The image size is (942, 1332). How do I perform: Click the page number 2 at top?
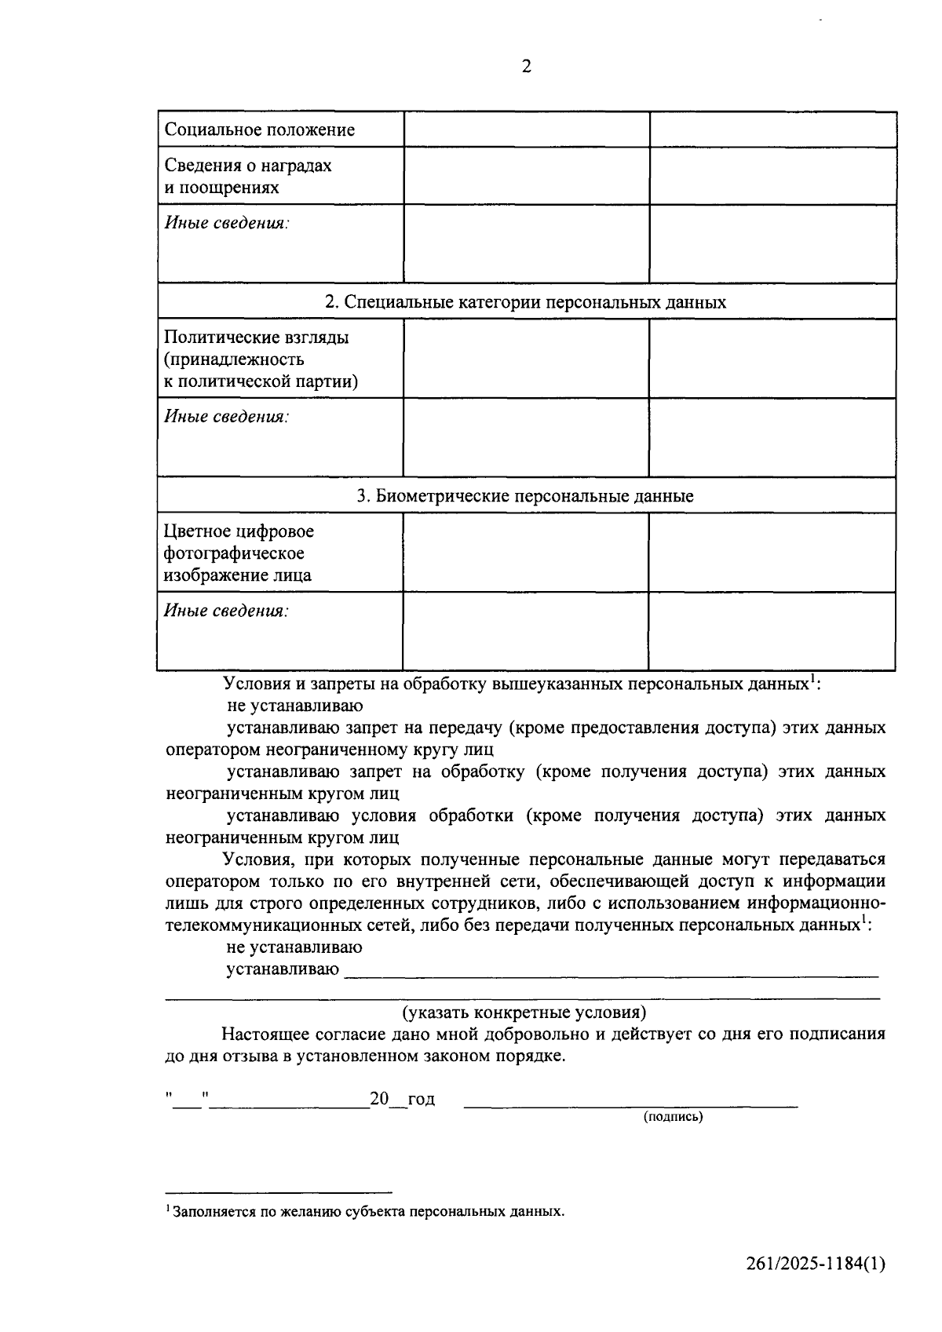[x=526, y=67]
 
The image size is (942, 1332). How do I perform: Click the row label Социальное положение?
[x=259, y=130]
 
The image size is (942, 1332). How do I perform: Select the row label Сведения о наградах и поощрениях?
[x=247, y=177]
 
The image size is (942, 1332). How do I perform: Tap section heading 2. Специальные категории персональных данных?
[x=525, y=302]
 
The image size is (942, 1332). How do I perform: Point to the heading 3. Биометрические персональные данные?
[x=525, y=496]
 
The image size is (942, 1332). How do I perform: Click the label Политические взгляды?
[x=256, y=338]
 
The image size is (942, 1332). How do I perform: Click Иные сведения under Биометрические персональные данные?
[x=226, y=611]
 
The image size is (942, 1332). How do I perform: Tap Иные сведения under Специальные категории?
[x=226, y=417]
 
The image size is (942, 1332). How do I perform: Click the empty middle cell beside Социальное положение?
[x=526, y=130]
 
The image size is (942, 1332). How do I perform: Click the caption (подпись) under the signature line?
[x=673, y=1117]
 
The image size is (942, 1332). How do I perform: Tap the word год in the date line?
[x=422, y=1099]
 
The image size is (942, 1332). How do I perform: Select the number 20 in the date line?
[x=379, y=1099]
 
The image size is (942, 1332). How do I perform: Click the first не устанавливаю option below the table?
[x=294, y=706]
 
